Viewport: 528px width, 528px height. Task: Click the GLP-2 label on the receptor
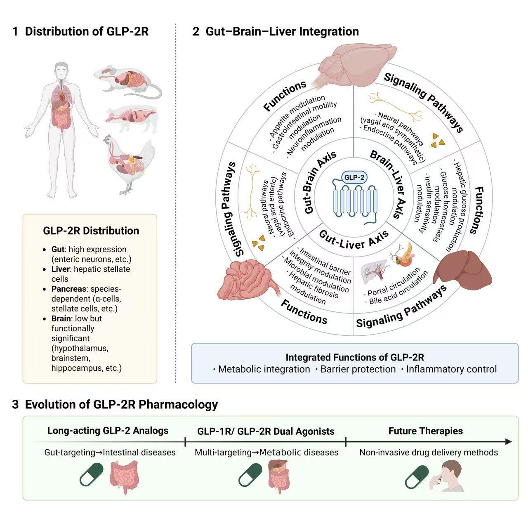tap(354, 177)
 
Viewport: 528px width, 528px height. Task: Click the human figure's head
tap(61, 70)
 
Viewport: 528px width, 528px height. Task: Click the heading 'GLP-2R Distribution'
tap(91, 231)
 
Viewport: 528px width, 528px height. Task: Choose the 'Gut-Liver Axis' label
tap(354, 240)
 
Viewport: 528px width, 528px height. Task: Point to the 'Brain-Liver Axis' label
tap(389, 184)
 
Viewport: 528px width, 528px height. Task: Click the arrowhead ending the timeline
tap(508, 441)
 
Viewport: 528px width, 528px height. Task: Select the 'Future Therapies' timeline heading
tap(426, 431)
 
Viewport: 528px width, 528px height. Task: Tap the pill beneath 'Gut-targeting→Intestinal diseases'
tap(92, 474)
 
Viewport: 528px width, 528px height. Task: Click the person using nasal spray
tap(447, 476)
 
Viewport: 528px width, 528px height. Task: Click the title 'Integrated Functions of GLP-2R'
tap(355, 357)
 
